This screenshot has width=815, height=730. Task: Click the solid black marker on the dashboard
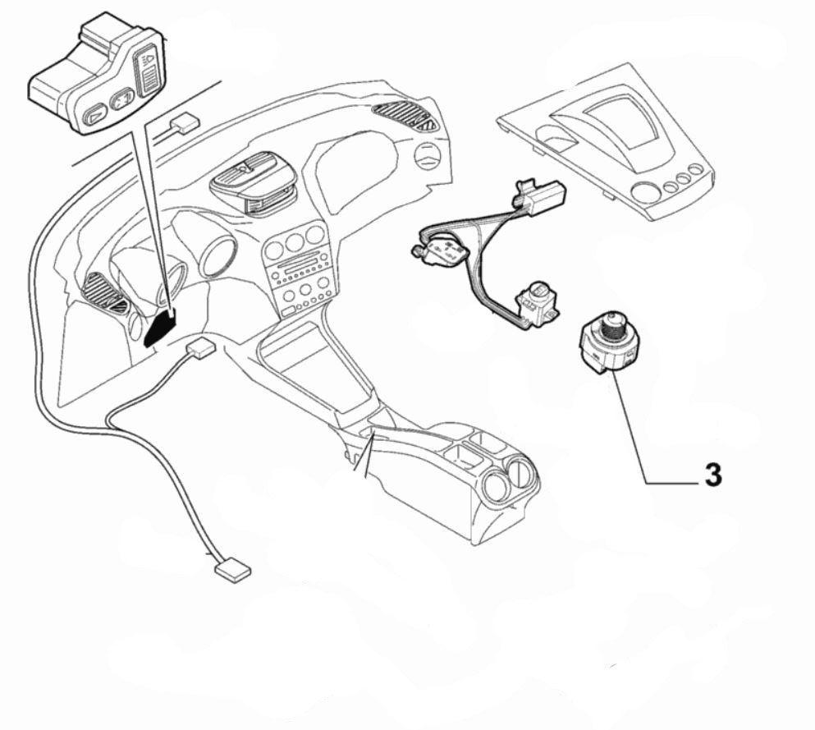tap(159, 328)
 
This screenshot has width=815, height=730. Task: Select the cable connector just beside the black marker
tap(200, 348)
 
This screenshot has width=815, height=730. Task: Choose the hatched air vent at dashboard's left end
tap(104, 292)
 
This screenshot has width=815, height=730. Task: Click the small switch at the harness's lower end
tap(538, 302)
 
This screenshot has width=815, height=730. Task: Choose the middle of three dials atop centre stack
tap(294, 242)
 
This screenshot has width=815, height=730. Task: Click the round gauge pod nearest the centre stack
tap(218, 256)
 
